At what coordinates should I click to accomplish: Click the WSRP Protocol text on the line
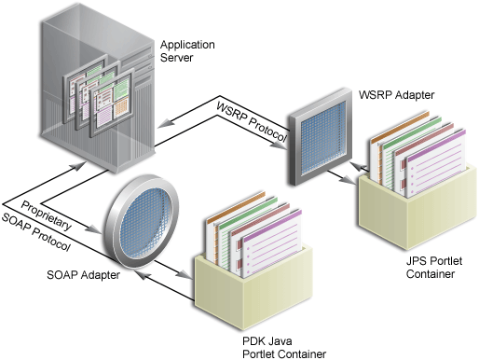pyautogui.click(x=249, y=119)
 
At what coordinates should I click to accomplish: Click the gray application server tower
pyautogui.click(x=93, y=84)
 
